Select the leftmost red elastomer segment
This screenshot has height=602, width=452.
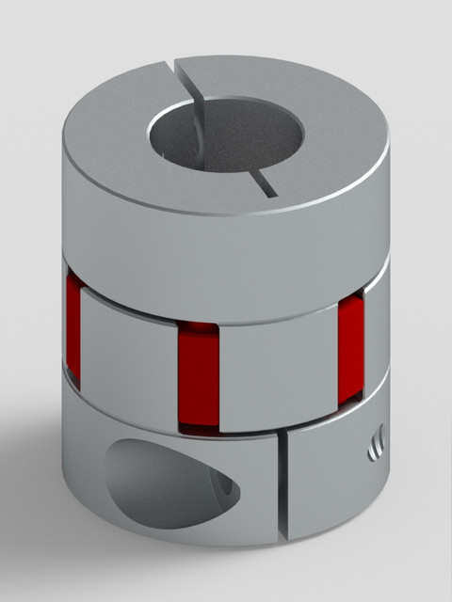(x=73, y=329)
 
